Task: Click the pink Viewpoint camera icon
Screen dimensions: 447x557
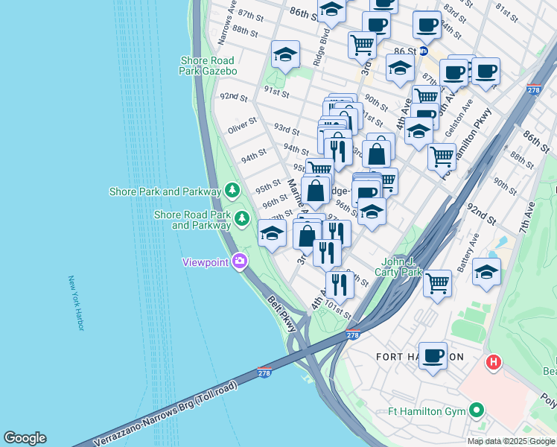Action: click(240, 261)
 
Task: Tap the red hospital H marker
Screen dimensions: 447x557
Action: click(493, 363)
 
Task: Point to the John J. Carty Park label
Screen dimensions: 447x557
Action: click(401, 267)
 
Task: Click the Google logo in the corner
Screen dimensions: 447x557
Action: click(25, 438)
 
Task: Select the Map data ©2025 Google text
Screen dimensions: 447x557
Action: click(511, 441)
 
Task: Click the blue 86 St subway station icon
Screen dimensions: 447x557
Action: click(424, 51)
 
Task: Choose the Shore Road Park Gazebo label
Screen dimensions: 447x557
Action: click(208, 66)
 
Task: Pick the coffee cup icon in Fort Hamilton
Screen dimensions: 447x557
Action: click(433, 355)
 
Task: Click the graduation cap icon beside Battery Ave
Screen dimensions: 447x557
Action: click(486, 271)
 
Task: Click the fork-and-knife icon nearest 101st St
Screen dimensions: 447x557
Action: click(340, 283)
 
